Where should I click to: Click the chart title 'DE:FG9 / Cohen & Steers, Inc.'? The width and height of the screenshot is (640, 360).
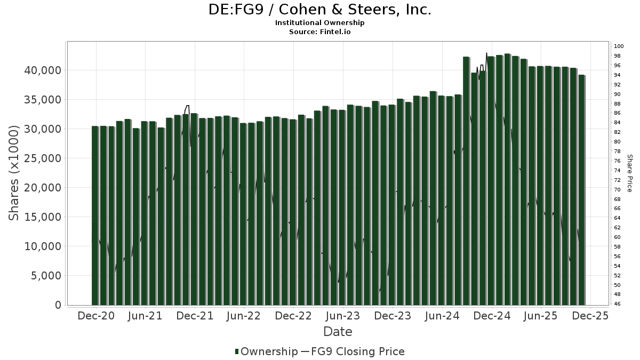pyautogui.click(x=319, y=10)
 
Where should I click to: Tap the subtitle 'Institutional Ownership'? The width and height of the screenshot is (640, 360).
pyautogui.click(x=319, y=23)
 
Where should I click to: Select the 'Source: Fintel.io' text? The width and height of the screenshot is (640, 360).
pyautogui.click(x=319, y=31)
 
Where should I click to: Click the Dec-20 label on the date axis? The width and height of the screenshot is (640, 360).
pyautogui.click(x=96, y=316)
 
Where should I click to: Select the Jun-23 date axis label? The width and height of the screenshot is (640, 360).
pyautogui.click(x=343, y=316)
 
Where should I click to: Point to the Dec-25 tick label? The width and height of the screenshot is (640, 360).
pyautogui.click(x=590, y=316)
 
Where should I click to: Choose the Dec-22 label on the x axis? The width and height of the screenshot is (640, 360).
pyautogui.click(x=294, y=316)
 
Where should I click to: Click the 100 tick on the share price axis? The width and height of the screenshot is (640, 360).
pyautogui.click(x=619, y=46)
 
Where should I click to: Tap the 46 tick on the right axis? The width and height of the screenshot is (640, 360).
pyautogui.click(x=617, y=304)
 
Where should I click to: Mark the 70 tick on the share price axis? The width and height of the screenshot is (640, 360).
pyautogui.click(x=617, y=189)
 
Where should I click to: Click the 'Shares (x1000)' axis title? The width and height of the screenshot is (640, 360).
pyautogui.click(x=14, y=173)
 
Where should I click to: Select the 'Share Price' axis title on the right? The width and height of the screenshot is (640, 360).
pyautogui.click(x=629, y=173)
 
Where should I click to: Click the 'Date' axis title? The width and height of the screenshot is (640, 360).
pyautogui.click(x=338, y=332)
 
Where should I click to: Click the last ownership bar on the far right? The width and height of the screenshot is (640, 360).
pyautogui.click(x=581, y=190)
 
